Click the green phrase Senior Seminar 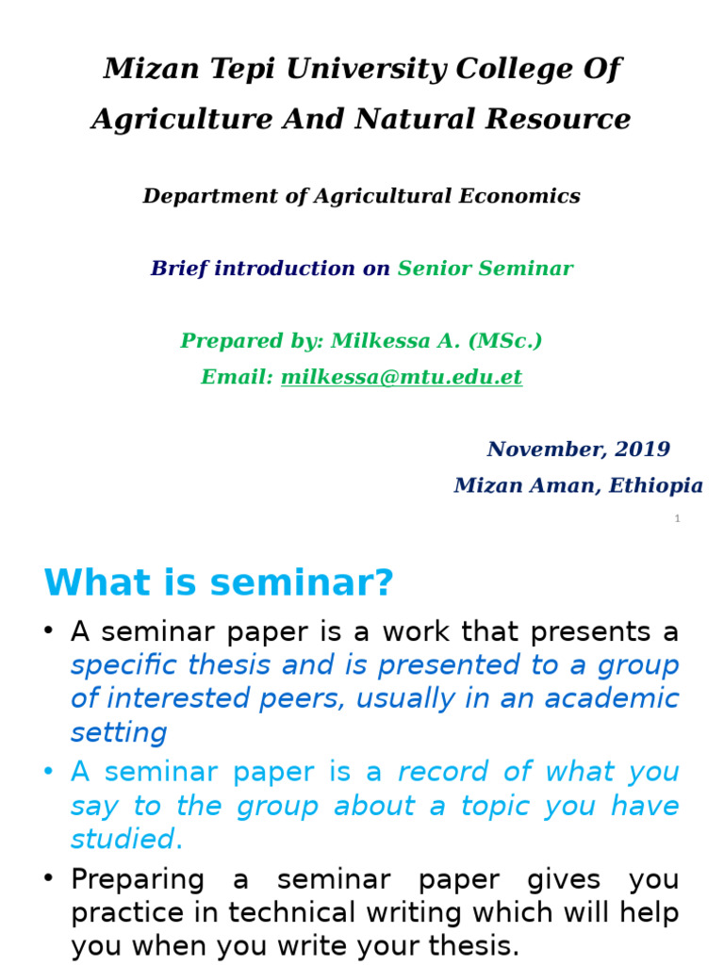tap(485, 269)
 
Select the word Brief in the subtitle tap(179, 269)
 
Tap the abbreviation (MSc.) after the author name tap(510, 341)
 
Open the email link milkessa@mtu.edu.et tap(402, 378)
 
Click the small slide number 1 tap(677, 519)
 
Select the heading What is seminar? tap(218, 584)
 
